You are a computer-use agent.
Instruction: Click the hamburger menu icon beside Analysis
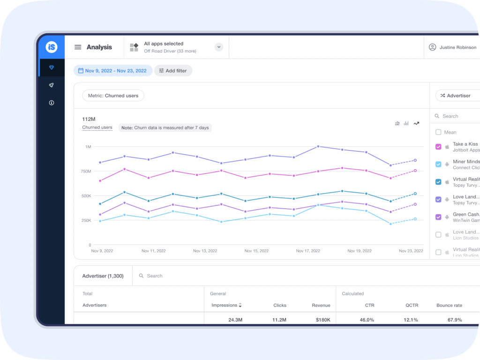[78, 47]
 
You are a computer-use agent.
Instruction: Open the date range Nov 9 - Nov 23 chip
[112, 71]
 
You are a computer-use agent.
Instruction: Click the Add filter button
[173, 71]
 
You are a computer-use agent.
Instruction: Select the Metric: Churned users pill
[113, 96]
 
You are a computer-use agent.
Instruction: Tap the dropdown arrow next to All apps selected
[218, 47]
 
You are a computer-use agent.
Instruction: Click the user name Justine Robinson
[457, 47]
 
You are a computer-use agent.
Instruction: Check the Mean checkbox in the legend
[438, 132]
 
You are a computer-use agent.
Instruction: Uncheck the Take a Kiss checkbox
[438, 147]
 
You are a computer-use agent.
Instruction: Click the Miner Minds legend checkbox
[438, 164]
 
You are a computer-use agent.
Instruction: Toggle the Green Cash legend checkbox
[438, 217]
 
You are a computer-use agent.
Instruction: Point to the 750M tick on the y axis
[85, 172]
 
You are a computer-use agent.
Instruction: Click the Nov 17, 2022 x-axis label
[308, 251]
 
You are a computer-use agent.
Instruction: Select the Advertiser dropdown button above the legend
[457, 96]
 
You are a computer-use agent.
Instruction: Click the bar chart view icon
[406, 123]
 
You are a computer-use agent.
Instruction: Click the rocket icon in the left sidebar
[52, 85]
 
